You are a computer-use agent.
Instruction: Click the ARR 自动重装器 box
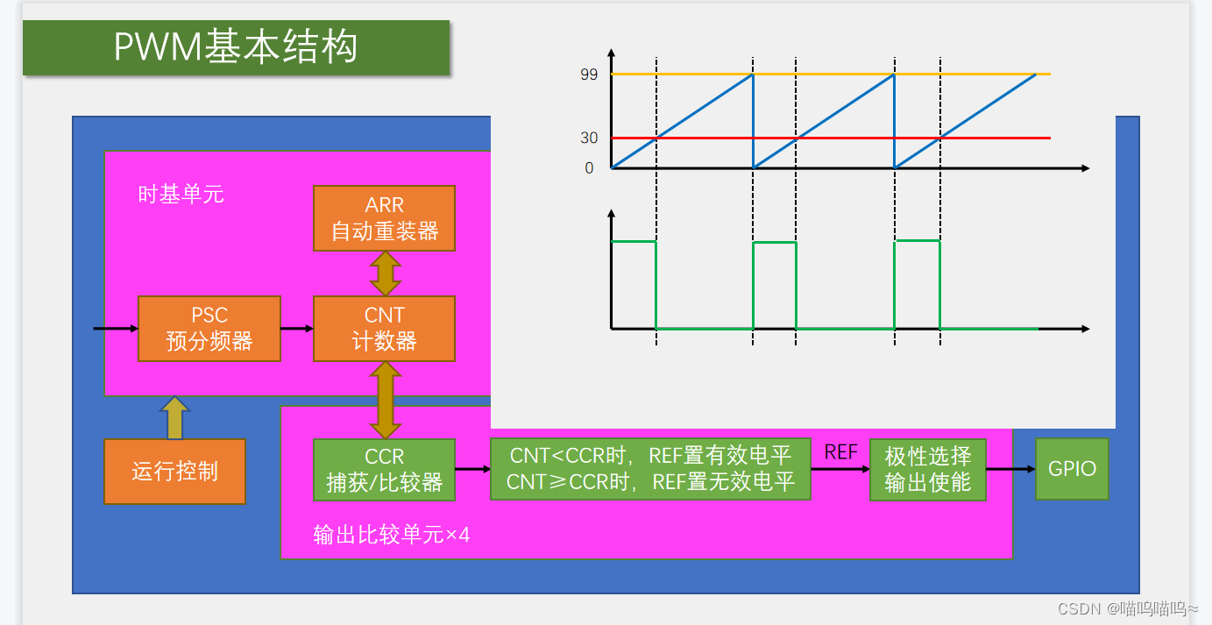[x=384, y=218]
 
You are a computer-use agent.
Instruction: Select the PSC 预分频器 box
[x=209, y=329]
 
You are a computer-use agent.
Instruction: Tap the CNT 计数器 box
[x=384, y=329]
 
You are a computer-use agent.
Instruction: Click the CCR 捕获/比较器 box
[x=384, y=470]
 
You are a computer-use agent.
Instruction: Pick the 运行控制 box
[x=174, y=472]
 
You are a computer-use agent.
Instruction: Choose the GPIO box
[x=1072, y=469]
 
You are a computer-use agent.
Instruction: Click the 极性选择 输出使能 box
[x=927, y=470]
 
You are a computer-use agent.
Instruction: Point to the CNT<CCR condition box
[x=650, y=469]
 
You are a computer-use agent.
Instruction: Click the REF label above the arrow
[x=840, y=452]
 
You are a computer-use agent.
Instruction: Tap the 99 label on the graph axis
[x=589, y=75]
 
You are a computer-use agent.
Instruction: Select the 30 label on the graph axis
[x=589, y=138]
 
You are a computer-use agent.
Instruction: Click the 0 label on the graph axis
[x=589, y=168]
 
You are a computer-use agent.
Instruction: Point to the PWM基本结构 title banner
[x=236, y=47]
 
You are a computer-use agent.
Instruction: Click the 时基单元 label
[x=181, y=195]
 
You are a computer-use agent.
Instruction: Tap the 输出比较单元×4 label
[x=391, y=535]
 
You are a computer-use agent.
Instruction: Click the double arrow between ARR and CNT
[x=385, y=273]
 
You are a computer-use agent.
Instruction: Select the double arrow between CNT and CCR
[x=385, y=400]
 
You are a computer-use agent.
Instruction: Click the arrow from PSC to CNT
[x=297, y=329]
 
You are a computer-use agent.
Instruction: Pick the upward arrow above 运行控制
[x=174, y=417]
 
